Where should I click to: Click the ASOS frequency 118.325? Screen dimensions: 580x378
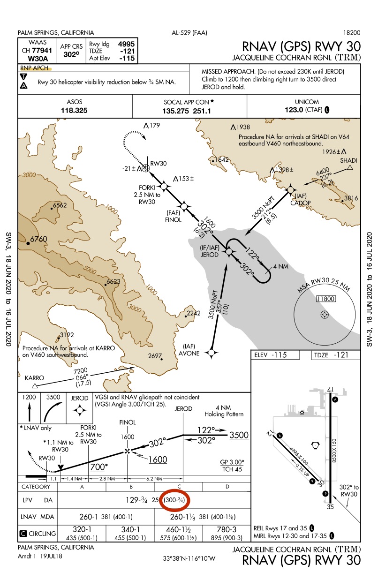click(x=75, y=111)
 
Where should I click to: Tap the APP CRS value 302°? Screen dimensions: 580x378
click(x=71, y=54)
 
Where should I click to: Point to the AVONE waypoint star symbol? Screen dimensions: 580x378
click(x=212, y=352)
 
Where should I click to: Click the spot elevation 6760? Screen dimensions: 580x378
click(x=38, y=239)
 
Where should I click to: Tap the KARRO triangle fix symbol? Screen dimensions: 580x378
click(x=34, y=385)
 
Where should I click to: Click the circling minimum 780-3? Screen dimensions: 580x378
click(x=227, y=528)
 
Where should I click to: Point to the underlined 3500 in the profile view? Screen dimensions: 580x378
click(x=239, y=435)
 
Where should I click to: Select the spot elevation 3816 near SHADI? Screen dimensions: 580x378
click(x=351, y=198)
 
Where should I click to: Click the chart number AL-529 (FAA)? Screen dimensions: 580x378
click(x=190, y=33)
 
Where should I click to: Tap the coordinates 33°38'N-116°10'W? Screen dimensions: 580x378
click(x=189, y=558)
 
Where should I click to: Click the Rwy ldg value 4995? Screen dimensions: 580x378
click(x=127, y=43)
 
